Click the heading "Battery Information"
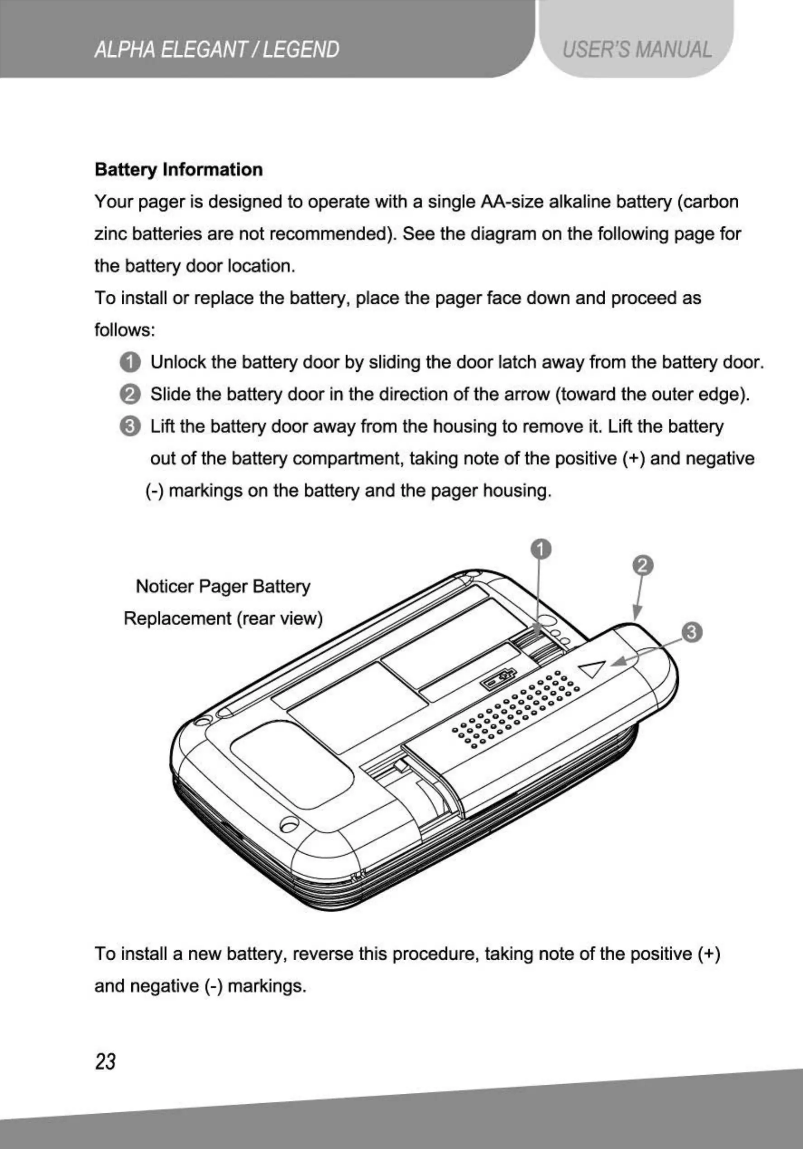[179, 170]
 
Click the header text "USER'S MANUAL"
[636, 50]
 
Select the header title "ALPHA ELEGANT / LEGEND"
[217, 50]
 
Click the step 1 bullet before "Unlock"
[130, 362]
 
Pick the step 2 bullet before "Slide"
[130, 394]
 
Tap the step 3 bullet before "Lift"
[130, 426]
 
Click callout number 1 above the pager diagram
[541, 549]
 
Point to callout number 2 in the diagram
[643, 565]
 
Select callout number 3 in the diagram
[692, 632]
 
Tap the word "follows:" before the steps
[125, 330]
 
